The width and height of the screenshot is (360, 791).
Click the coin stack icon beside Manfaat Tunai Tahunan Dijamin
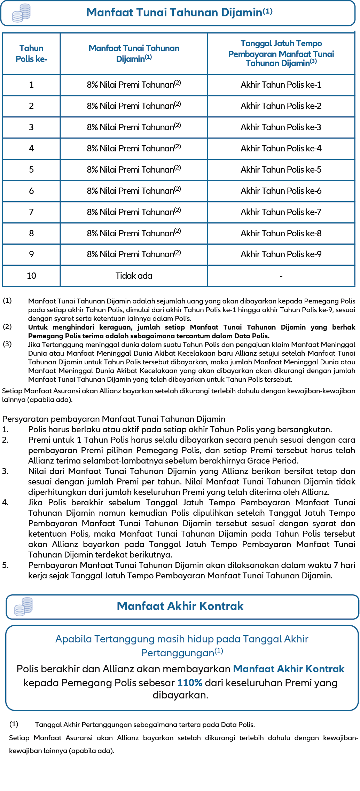pos(22,13)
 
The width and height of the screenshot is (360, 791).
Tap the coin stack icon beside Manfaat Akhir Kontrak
pos(23,607)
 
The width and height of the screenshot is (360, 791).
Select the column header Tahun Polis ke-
pos(31,54)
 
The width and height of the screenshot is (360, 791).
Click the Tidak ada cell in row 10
pos(134,276)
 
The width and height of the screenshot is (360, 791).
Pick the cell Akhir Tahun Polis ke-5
pos(281,170)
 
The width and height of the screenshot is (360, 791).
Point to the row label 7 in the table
pos(31,212)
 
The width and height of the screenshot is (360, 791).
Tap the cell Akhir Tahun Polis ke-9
pos(281,254)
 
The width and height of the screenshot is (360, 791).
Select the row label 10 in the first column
pos(31,276)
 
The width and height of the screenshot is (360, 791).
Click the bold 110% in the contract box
pos(190,683)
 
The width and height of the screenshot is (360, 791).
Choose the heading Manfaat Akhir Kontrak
pos(180,606)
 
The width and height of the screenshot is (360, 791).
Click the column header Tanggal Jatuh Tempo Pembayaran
pos(281,54)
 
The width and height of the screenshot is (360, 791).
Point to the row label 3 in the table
pos(31,127)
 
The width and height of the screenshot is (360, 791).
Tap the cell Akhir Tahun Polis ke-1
pos(281,85)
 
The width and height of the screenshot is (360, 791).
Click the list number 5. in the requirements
pos(5,565)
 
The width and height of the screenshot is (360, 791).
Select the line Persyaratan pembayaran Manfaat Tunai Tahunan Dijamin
pos(114,419)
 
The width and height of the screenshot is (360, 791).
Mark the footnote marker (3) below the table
pos(7,344)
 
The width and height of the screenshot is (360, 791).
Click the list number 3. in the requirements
pos(5,471)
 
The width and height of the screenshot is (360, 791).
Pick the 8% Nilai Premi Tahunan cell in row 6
pos(134,191)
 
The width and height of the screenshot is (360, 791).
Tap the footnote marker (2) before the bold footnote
pos(7,327)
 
